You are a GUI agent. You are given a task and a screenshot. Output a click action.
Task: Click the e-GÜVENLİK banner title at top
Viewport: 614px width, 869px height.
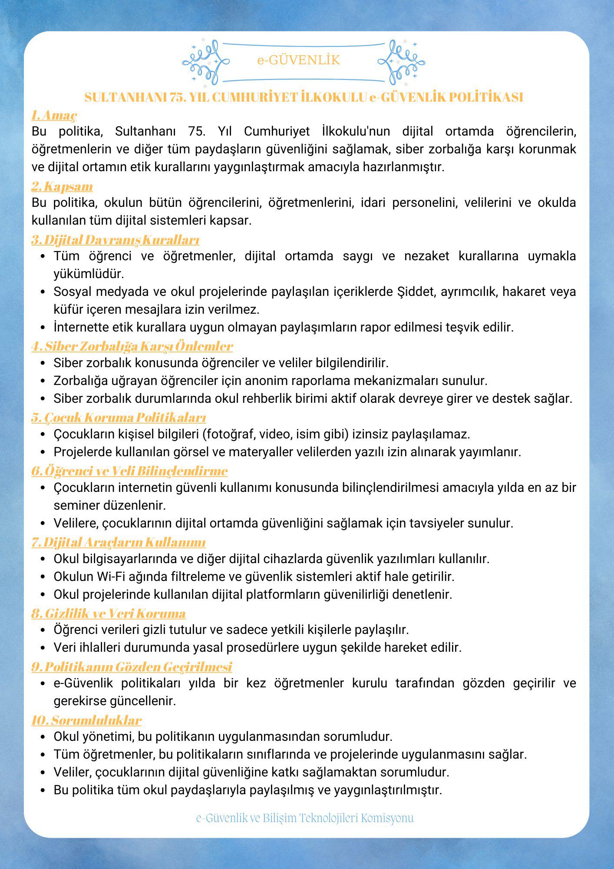tap(298, 60)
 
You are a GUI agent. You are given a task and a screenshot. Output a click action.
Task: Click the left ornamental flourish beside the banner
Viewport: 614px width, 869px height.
tap(206, 62)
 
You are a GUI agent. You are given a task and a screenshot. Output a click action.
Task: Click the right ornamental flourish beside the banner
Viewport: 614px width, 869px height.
tap(401, 62)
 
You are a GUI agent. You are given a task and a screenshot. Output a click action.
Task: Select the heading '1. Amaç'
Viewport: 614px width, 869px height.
tap(54, 115)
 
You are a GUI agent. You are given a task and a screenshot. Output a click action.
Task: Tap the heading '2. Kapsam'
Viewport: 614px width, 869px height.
tap(62, 186)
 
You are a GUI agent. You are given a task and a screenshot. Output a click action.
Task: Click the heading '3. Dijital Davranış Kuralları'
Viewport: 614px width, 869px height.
tap(115, 240)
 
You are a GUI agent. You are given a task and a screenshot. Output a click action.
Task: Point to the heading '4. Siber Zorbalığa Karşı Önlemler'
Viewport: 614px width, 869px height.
tap(132, 346)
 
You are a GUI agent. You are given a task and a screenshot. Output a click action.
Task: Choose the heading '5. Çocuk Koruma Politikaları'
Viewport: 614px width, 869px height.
tap(119, 418)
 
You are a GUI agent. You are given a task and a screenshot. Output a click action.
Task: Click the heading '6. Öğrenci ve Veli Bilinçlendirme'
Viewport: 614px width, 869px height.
tap(129, 471)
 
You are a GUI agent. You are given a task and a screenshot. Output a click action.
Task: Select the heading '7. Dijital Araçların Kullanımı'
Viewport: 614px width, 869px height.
tap(119, 542)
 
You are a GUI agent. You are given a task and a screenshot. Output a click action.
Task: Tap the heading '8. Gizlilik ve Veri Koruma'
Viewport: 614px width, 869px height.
tap(109, 614)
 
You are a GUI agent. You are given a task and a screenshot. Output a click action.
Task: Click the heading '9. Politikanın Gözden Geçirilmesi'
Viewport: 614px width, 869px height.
tap(132, 667)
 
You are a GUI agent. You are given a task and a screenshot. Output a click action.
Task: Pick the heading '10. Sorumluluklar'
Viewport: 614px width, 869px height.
tap(86, 720)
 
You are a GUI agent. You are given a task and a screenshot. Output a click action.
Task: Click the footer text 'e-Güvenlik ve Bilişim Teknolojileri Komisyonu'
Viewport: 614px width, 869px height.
tap(305, 818)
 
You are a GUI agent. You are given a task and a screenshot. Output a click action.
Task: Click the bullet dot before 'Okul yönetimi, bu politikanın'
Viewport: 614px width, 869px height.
tap(43, 737)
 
